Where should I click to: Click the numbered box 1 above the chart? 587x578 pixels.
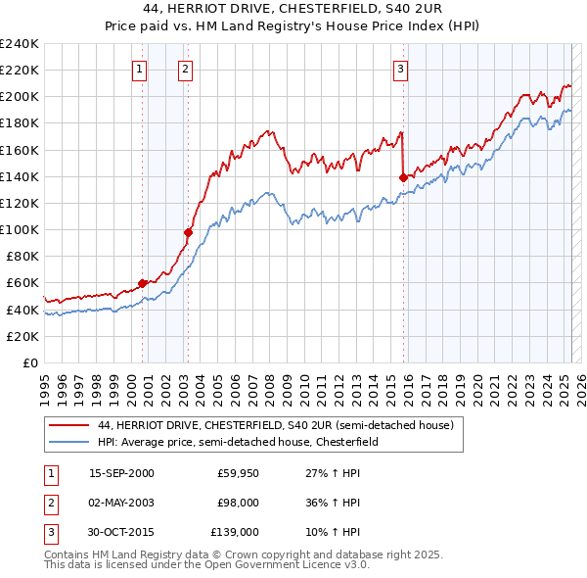[x=140, y=69]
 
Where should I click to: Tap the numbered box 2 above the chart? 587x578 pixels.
[x=185, y=69]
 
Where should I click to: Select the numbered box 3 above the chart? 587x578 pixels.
[x=401, y=69]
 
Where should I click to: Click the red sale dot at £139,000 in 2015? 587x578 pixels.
[x=403, y=177]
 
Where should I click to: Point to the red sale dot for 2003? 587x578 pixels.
[x=188, y=232]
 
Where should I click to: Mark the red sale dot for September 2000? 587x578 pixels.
[x=143, y=283]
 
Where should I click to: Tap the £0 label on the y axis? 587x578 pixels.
[x=29, y=362]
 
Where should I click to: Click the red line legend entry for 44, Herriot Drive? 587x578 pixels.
[x=275, y=426]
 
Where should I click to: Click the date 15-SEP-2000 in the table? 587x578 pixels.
[x=121, y=473]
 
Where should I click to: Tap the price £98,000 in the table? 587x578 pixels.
[x=238, y=503]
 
